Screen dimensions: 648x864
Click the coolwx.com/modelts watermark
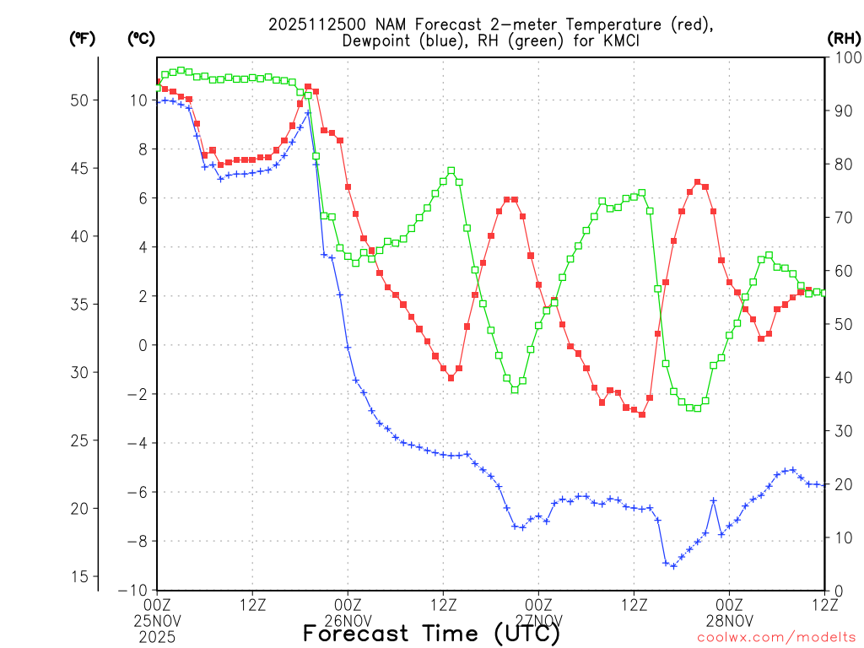(x=776, y=637)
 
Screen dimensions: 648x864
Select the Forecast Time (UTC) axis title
(x=431, y=633)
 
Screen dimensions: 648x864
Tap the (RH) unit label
(x=844, y=38)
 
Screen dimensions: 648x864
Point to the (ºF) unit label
(x=83, y=38)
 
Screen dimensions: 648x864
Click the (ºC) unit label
(x=141, y=38)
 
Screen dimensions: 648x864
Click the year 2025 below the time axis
(x=158, y=637)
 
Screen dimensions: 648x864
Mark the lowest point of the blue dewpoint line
(x=672, y=565)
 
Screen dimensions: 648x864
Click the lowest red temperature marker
(x=642, y=414)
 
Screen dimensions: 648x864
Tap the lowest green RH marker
(x=697, y=408)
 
